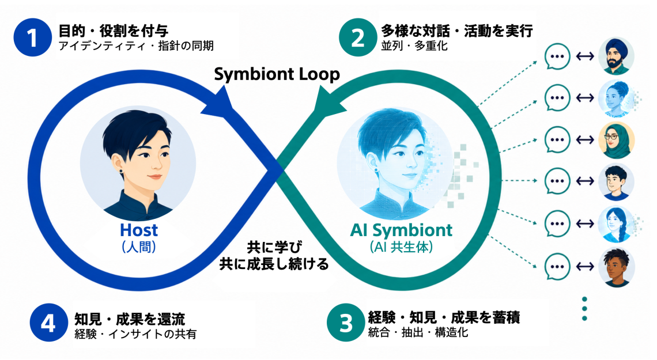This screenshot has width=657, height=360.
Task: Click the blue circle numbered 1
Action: (33, 37)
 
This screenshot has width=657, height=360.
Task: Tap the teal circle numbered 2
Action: (358, 37)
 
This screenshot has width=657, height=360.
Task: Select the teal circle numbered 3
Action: (346, 323)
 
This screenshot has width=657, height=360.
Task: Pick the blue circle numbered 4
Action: (48, 323)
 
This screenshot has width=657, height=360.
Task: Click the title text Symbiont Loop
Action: (277, 74)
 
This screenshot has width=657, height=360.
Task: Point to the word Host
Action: (139, 230)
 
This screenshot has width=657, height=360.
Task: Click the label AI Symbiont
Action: (402, 230)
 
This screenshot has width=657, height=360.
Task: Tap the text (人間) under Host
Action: (139, 247)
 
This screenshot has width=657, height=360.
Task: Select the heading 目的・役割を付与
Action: (113, 31)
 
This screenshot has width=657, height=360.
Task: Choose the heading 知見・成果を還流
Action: (130, 319)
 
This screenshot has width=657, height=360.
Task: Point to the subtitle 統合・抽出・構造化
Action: (418, 333)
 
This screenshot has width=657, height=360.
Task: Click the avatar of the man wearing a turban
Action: (616, 56)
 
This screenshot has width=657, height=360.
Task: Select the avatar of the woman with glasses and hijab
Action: (616, 140)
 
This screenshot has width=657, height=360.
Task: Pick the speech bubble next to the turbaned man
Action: (557, 56)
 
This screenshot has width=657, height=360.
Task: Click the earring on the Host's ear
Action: (121, 171)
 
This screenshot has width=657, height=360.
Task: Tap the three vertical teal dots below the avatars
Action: (584, 309)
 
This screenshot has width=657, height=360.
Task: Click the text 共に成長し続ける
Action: (274, 264)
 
